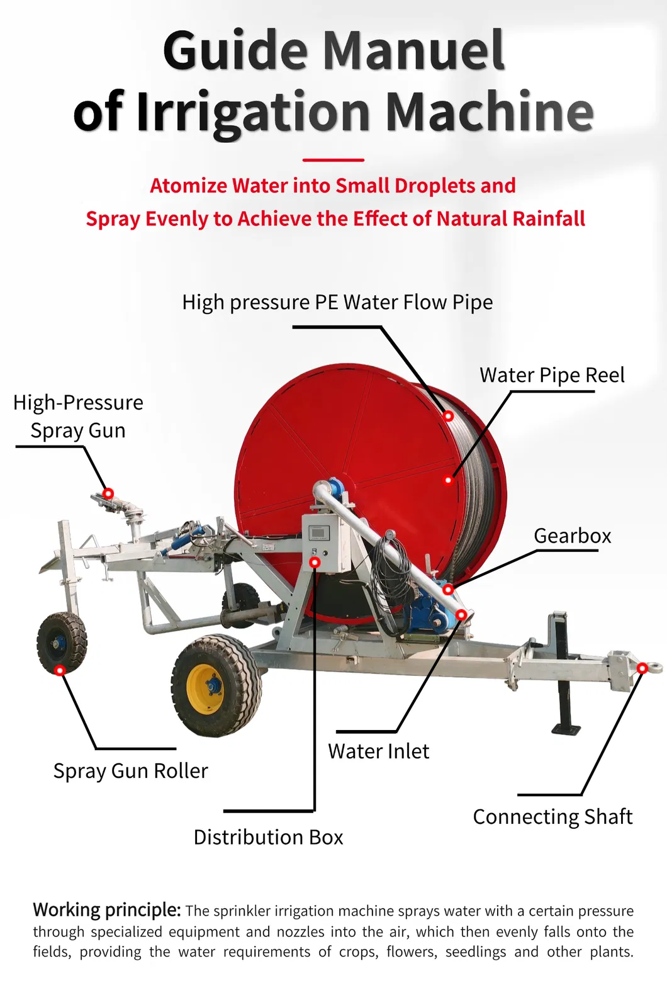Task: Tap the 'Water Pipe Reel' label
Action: [552, 375]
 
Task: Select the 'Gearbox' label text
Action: [572, 536]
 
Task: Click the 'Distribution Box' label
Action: [268, 837]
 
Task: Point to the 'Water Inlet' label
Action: [378, 751]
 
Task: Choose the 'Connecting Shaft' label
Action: [552, 816]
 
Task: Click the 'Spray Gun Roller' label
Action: [130, 770]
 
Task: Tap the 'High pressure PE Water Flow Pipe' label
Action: [337, 302]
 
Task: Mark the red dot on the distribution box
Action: [315, 562]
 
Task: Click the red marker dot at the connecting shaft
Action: [642, 668]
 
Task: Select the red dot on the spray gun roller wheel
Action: [60, 670]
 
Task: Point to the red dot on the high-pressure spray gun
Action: [108, 493]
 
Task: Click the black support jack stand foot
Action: [566, 729]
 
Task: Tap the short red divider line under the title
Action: [333, 160]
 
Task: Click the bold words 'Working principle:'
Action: [107, 910]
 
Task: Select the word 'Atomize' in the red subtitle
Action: [188, 186]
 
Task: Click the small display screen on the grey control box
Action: [318, 532]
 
